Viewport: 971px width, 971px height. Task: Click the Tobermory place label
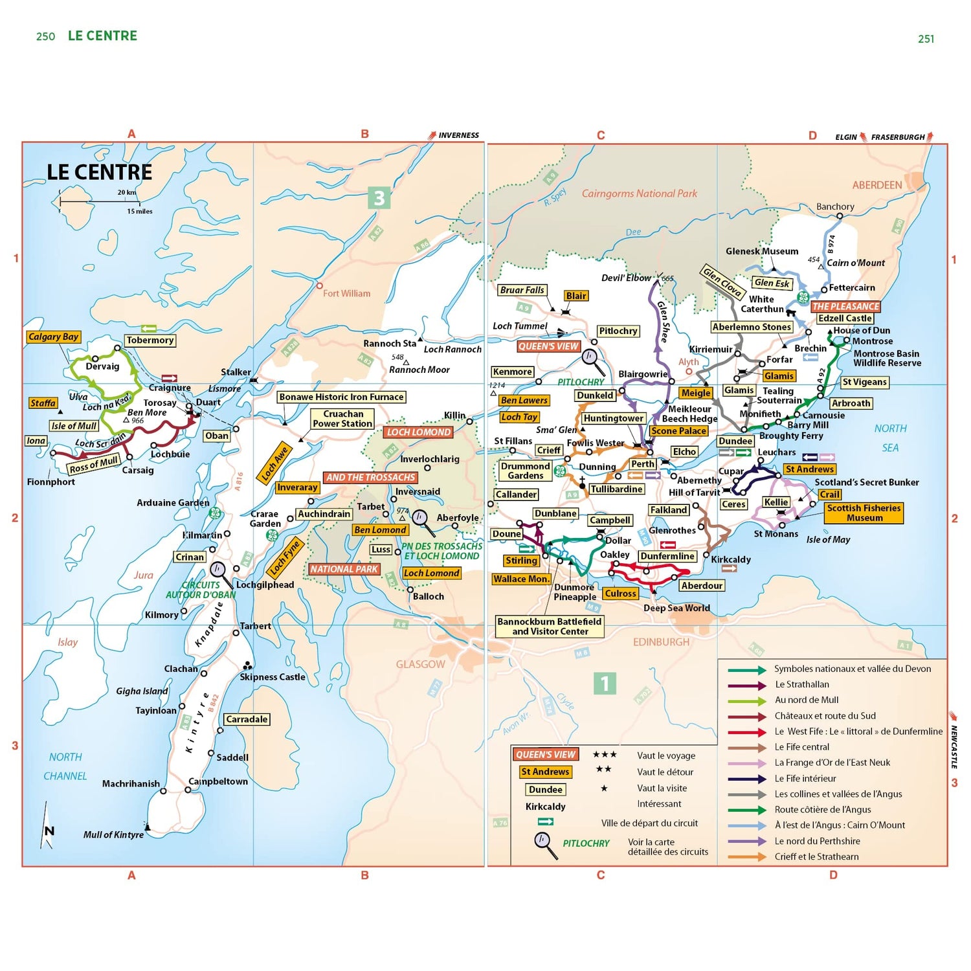pyautogui.click(x=150, y=340)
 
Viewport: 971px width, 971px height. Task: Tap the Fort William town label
pyautogui.click(x=346, y=293)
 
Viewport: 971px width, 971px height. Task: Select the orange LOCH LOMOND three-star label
pyautogui.click(x=419, y=432)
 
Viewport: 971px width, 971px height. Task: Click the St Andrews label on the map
pyautogui.click(x=809, y=469)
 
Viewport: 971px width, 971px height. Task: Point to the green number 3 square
pyautogui.click(x=379, y=198)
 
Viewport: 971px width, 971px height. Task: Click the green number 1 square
pyautogui.click(x=605, y=683)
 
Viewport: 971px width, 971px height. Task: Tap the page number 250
pyautogui.click(x=45, y=37)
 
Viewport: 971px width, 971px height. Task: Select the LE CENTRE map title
pyautogui.click(x=100, y=172)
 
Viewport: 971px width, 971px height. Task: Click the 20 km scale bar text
pyautogui.click(x=127, y=192)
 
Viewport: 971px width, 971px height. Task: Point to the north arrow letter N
pyautogui.click(x=49, y=831)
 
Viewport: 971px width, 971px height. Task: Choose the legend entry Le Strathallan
pyautogui.click(x=801, y=684)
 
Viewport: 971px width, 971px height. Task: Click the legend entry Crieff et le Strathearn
pyautogui.click(x=816, y=856)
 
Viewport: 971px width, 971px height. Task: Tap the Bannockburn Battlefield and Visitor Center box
pyautogui.click(x=550, y=626)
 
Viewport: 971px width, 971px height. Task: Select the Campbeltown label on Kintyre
pyautogui.click(x=218, y=781)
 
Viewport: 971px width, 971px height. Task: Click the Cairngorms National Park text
pyautogui.click(x=639, y=193)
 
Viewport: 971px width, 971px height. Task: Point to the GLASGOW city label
pyautogui.click(x=420, y=664)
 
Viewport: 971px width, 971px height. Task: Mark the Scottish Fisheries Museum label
pyautogui.click(x=864, y=513)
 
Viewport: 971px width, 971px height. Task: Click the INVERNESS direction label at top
pyautogui.click(x=458, y=135)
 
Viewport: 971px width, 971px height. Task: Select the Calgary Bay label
pyautogui.click(x=54, y=337)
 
